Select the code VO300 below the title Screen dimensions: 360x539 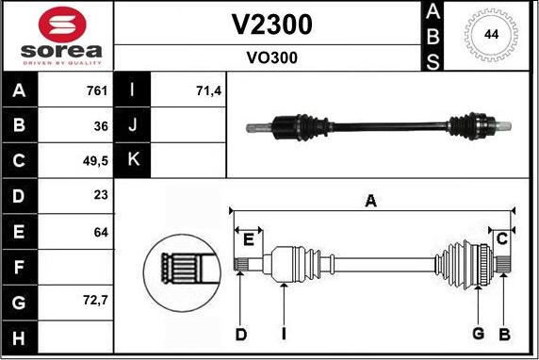[271, 57]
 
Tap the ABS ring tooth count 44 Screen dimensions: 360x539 [490, 35]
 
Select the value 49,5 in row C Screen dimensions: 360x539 [96, 160]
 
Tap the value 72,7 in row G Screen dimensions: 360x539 [96, 302]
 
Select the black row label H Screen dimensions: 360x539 [20, 337]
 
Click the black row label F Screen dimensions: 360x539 [20, 267]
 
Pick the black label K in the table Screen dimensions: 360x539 [133, 160]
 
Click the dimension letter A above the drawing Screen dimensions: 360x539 [370, 200]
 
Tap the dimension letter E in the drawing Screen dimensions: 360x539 [248, 239]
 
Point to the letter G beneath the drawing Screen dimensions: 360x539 [478, 334]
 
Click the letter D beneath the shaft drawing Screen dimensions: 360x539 [241, 334]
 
